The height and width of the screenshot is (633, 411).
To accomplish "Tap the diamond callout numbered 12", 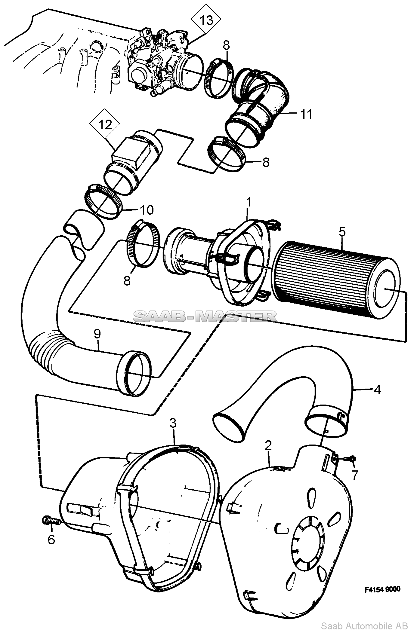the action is coord(105,124).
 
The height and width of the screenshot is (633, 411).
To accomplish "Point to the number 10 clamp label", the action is coord(146,210).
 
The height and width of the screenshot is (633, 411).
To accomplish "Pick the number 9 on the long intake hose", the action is coord(97,334).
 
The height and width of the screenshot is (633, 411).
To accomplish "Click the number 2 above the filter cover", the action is coord(268,445).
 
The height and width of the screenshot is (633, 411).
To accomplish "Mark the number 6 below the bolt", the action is coord(51,539).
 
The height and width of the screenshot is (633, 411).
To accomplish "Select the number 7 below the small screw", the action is coord(355,475).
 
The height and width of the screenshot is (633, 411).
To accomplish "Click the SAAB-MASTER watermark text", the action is coord(205,316).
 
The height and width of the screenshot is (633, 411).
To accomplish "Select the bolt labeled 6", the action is coord(51,520).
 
